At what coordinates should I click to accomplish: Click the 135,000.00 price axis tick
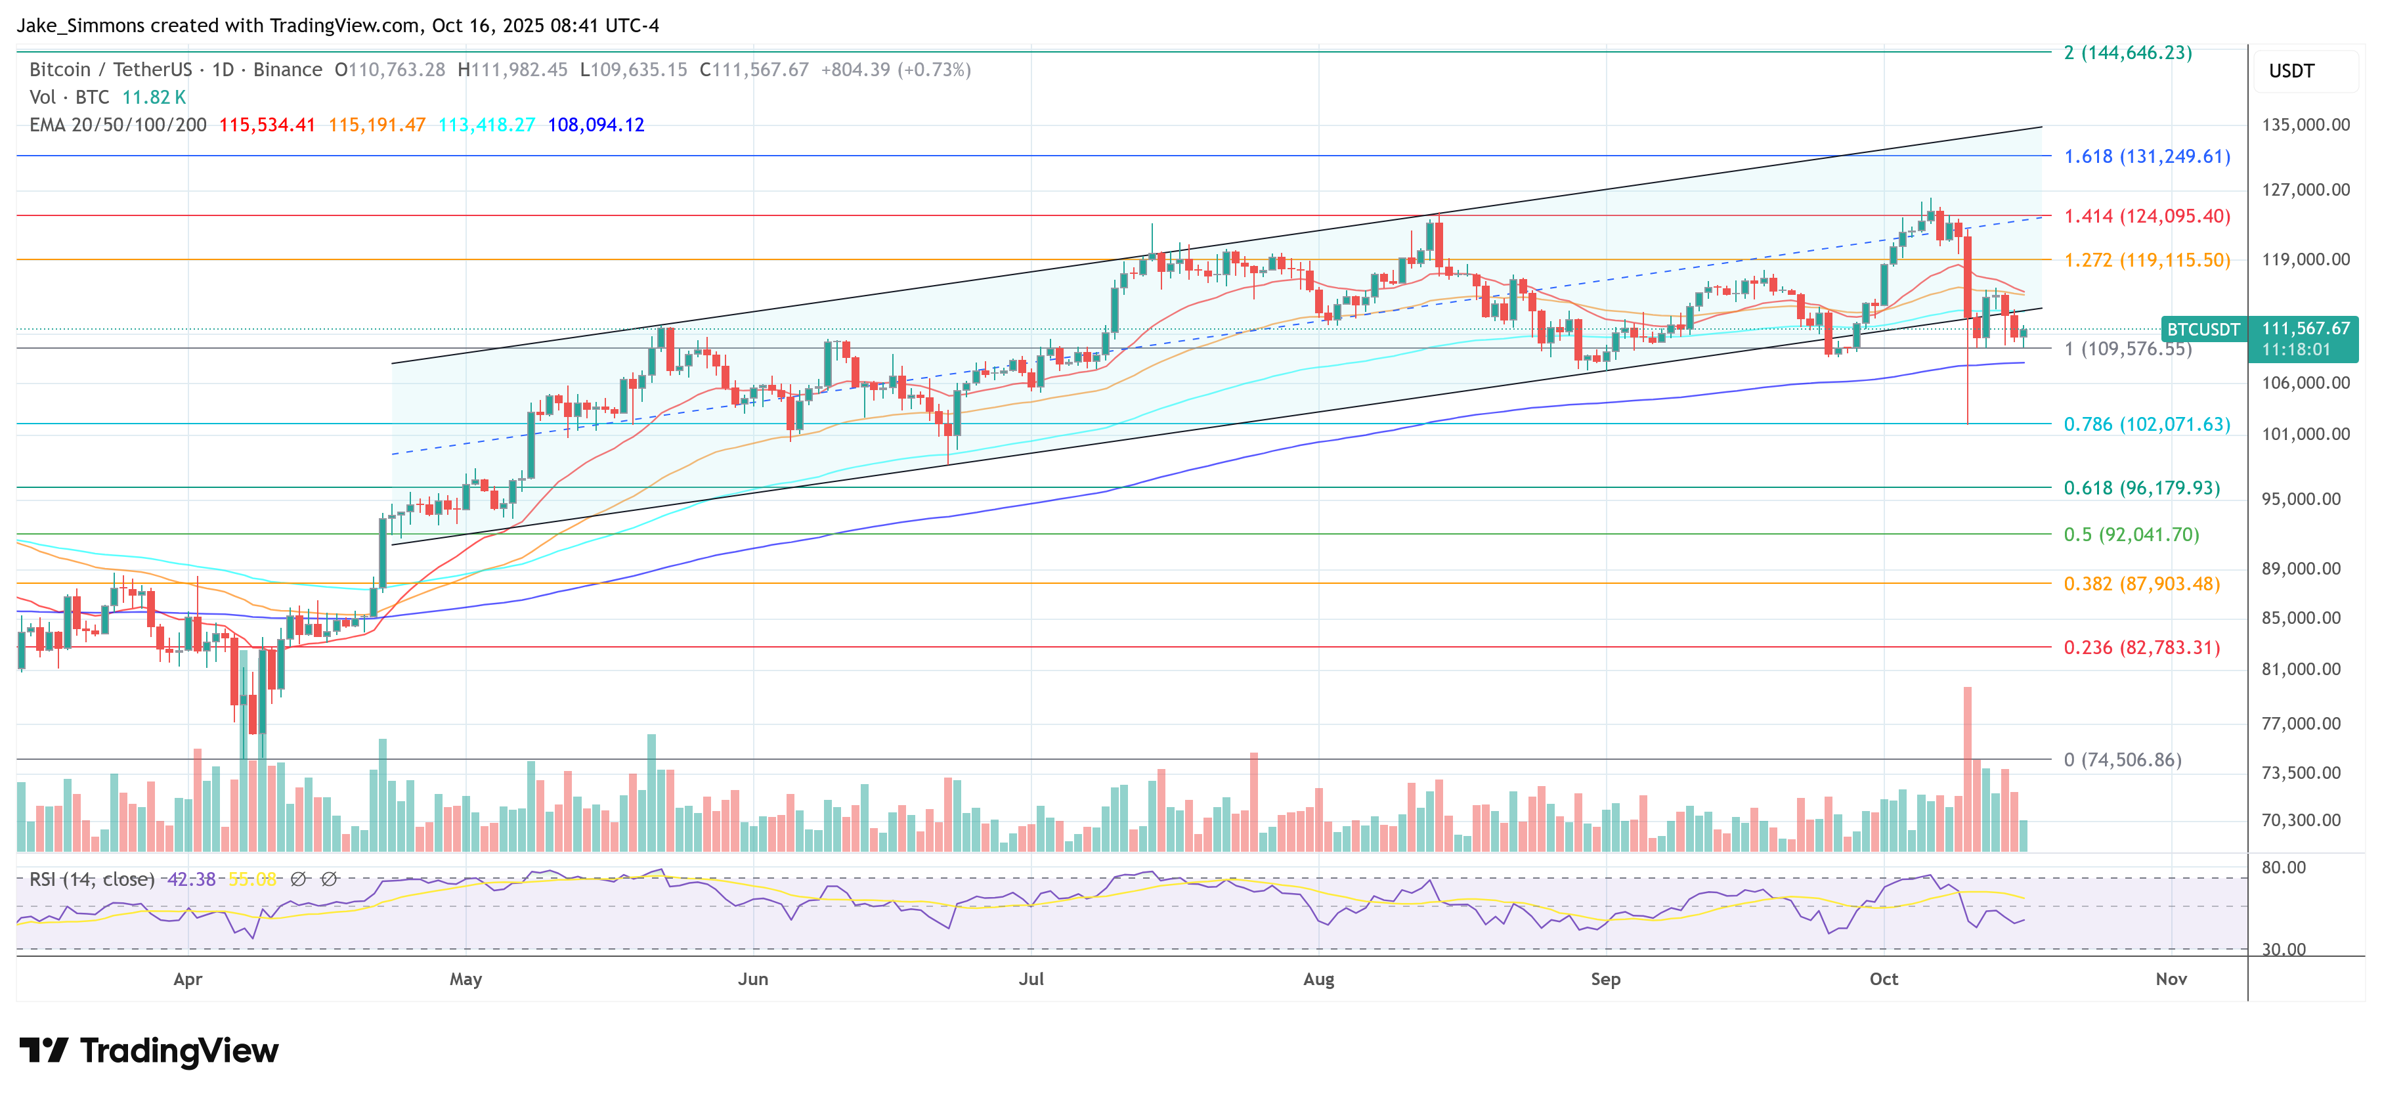pos(2305,125)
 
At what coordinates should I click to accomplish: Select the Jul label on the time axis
pos(1031,979)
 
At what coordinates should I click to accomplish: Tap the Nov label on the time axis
pos(2171,979)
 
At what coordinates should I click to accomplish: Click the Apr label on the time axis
pos(188,979)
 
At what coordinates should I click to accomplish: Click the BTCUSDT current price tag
pos(2203,330)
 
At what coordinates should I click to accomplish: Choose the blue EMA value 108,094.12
pos(595,125)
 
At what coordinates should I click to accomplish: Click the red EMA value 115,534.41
pos(267,125)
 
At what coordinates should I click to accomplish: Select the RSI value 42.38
pos(190,879)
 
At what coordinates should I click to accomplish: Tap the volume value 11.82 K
pos(154,97)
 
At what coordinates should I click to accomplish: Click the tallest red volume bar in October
pos(1968,768)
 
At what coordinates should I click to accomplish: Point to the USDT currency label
pos(2291,71)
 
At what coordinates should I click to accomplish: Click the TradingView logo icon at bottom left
pos(43,1051)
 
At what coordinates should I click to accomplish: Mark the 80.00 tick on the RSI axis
pos(2283,868)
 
